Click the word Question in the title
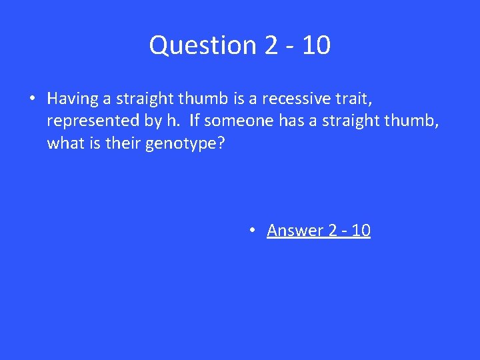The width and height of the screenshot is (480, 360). point(193,45)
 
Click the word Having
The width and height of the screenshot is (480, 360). point(72,99)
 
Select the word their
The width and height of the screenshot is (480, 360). point(119,143)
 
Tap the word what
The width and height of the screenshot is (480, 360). point(65,143)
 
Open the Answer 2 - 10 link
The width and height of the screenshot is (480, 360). point(318,230)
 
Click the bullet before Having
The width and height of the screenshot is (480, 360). point(33,99)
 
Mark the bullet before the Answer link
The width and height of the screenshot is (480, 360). point(253,230)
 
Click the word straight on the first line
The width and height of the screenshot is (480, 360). point(141,99)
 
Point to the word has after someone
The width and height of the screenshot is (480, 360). point(277,121)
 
